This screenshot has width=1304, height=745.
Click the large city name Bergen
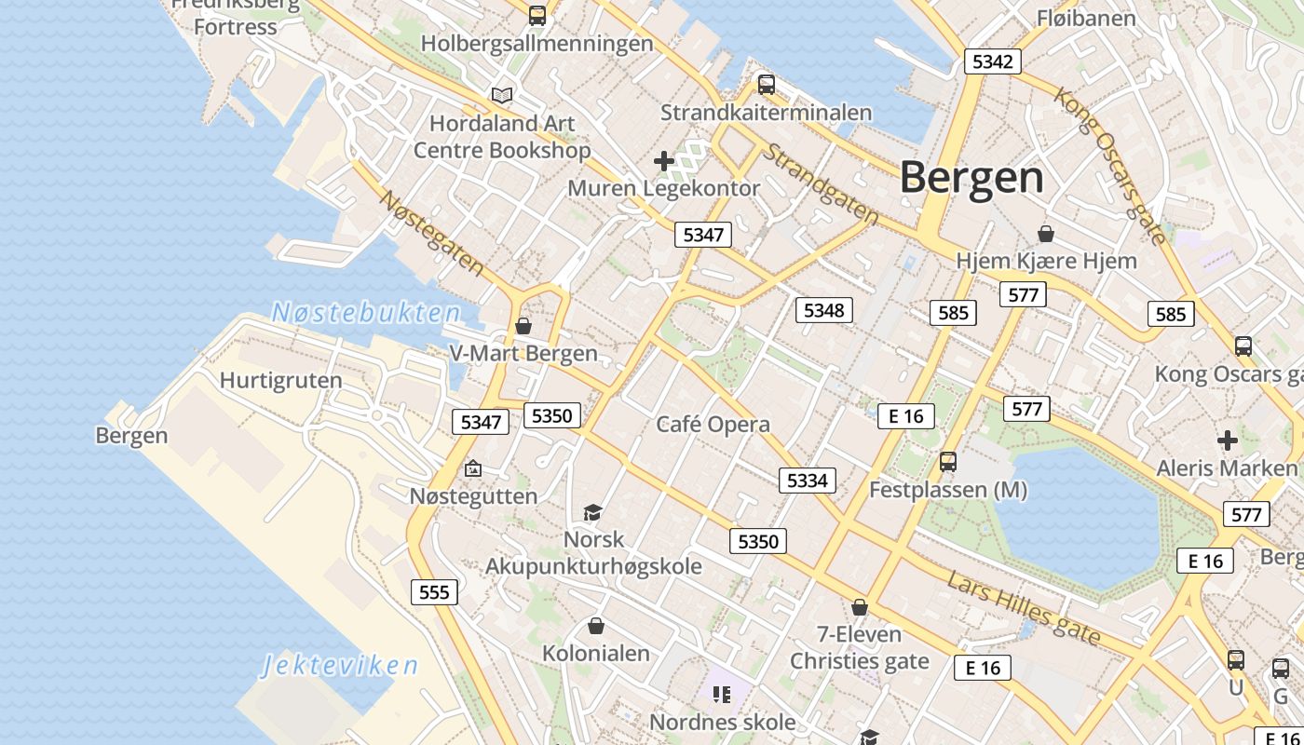pos(971,177)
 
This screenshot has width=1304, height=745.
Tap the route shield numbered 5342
pos(991,61)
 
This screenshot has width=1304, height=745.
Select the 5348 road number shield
pos(823,310)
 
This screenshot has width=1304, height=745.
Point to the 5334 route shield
pos(807,481)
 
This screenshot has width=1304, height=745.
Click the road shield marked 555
pos(434,592)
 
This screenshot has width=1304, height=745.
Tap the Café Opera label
pos(713,425)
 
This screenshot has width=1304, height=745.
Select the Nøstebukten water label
pos(366,313)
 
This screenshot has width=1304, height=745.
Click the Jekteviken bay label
pos(340,665)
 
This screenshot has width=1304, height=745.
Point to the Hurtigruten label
pos(280,380)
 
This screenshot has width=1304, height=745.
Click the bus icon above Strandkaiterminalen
pos(766,85)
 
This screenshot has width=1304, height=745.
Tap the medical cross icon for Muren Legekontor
pos(663,162)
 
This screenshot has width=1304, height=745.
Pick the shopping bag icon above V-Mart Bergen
pos(523,326)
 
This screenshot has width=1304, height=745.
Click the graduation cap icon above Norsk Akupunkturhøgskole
pos(592,512)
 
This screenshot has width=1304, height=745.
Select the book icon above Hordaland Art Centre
pos(502,95)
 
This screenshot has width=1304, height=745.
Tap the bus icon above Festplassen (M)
pos(947,461)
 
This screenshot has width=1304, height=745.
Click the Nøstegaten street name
pos(432,233)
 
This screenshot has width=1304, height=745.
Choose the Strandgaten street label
pos(820,183)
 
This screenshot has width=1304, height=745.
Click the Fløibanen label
pos(1086,18)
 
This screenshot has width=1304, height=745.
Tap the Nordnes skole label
pos(722,722)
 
